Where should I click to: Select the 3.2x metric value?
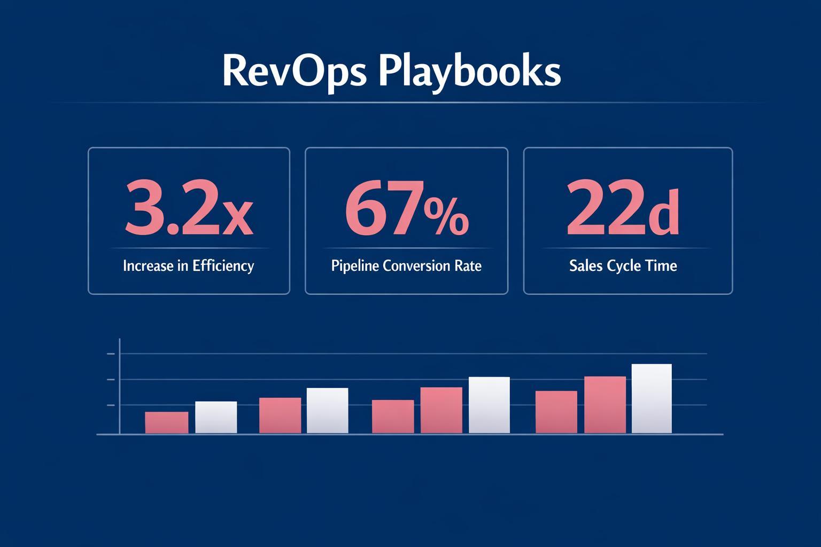click(x=188, y=209)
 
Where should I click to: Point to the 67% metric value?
click(x=406, y=209)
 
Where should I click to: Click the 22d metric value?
click(x=623, y=209)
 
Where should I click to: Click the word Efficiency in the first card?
click(x=223, y=265)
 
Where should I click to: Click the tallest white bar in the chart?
click(x=652, y=398)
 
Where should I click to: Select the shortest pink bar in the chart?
click(x=166, y=423)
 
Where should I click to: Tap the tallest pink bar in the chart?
click(x=605, y=405)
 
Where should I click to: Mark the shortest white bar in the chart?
click(x=216, y=417)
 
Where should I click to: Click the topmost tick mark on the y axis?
click(x=111, y=354)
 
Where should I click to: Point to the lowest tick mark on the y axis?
click(x=111, y=405)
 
